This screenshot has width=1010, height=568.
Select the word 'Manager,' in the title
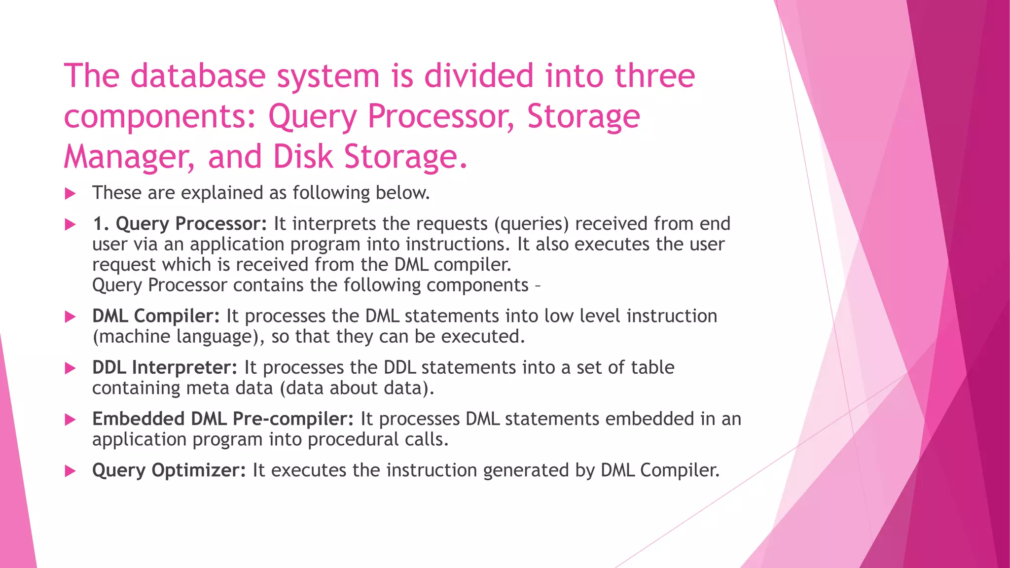pyautogui.click(x=129, y=157)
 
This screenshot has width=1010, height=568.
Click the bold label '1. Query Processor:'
pyautogui.click(x=180, y=224)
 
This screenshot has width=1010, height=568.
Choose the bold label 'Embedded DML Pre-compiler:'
pyautogui.click(x=223, y=419)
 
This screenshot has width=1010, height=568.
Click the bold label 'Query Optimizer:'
pyautogui.click(x=169, y=470)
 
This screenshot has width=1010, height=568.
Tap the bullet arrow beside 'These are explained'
pyautogui.click(x=71, y=193)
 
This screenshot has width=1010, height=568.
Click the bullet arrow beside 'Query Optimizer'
pyautogui.click(x=71, y=471)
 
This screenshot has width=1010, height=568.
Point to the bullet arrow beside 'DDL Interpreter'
pyautogui.click(x=71, y=368)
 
